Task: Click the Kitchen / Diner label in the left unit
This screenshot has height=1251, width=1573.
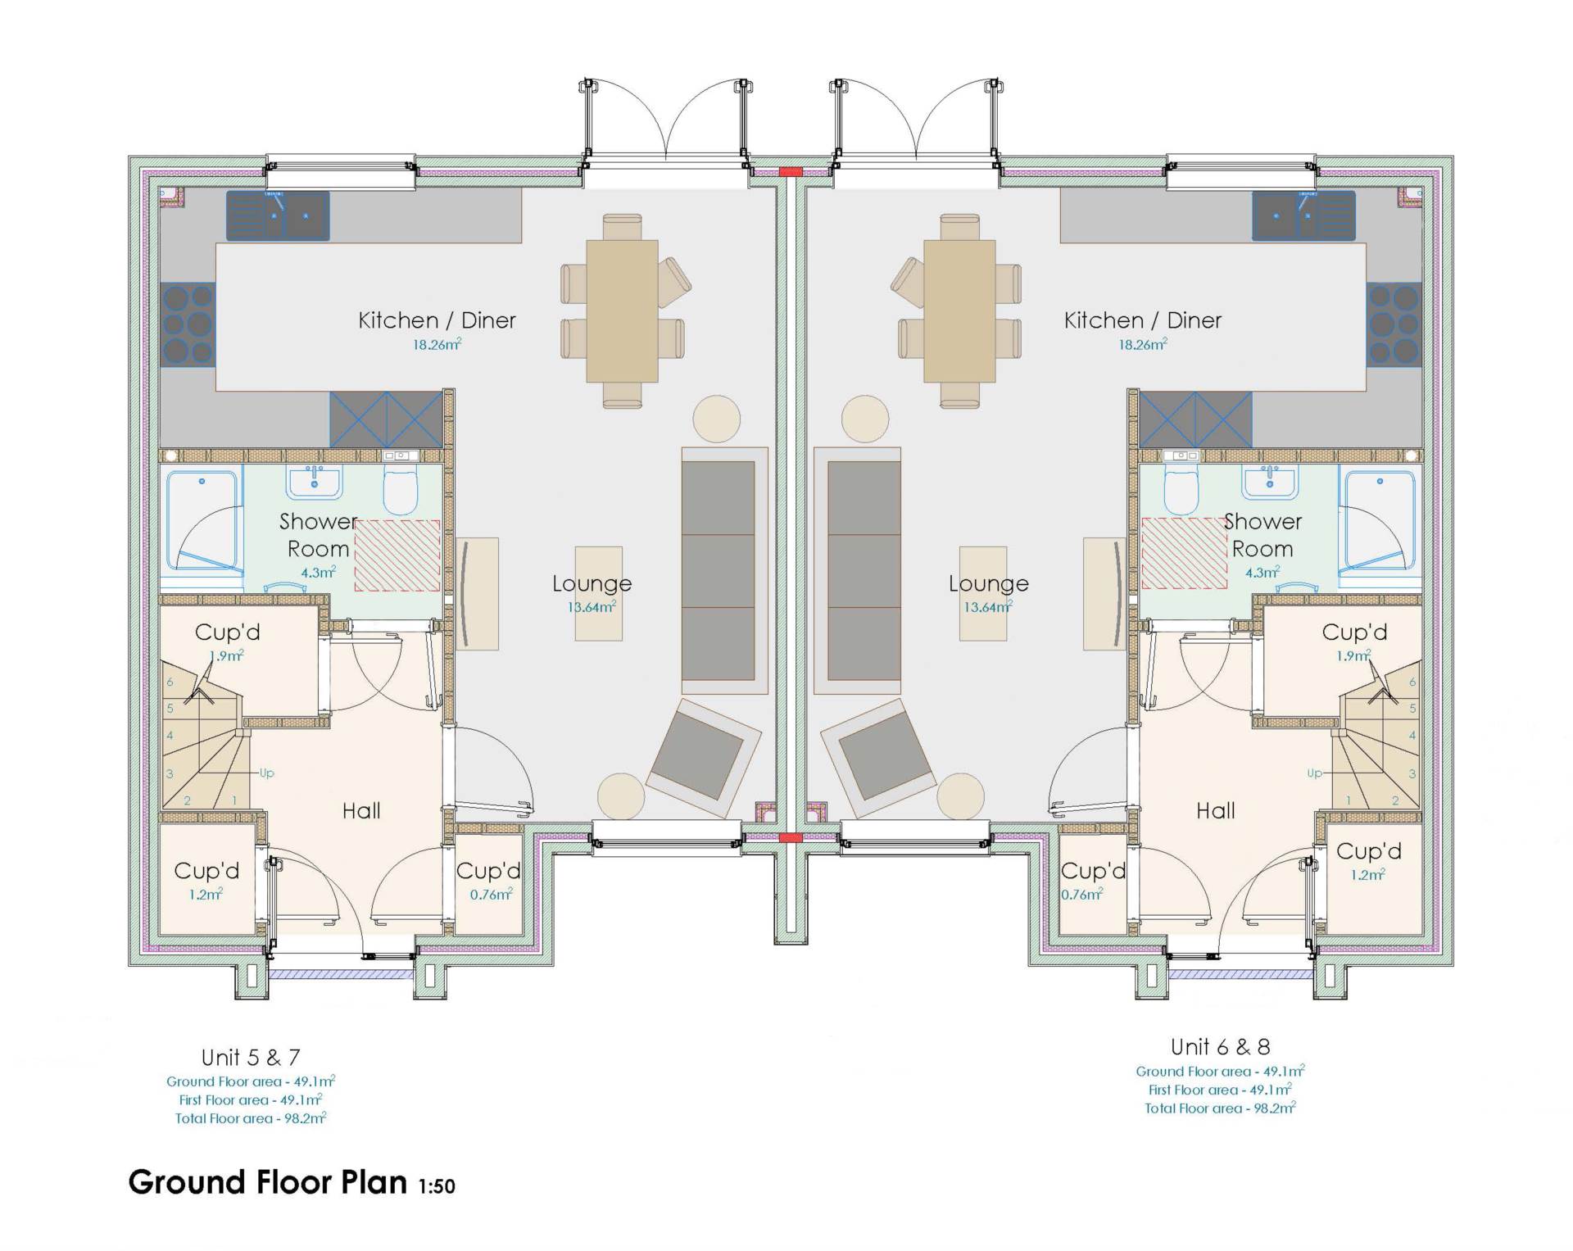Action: point(437,320)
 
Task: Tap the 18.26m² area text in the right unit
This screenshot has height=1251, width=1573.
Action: point(1143,345)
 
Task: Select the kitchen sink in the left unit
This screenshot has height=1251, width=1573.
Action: point(278,216)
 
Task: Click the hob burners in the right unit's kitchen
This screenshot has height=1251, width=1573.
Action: point(1393,324)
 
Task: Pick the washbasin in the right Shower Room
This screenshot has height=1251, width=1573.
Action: point(1269,482)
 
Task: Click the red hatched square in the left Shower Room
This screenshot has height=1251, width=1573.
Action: point(397,555)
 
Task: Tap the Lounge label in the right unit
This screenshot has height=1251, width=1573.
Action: point(988,583)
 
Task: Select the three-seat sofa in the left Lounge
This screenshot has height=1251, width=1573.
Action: point(719,571)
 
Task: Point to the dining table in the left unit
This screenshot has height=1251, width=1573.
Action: point(622,311)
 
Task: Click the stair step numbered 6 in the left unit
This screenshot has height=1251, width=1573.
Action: point(170,682)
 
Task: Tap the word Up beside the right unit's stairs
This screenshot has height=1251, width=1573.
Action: point(1314,773)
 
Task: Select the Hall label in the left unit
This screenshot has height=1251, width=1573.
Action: point(361,811)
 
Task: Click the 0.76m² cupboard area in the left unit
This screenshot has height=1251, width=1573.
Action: point(491,895)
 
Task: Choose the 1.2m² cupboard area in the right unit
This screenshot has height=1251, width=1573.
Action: point(1367,875)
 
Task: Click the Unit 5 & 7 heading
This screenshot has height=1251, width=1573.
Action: point(251,1058)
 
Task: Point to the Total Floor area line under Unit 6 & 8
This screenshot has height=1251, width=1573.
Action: point(1220,1108)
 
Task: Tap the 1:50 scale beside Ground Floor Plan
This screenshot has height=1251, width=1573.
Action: point(437,1186)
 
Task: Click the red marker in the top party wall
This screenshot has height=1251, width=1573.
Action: point(791,172)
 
